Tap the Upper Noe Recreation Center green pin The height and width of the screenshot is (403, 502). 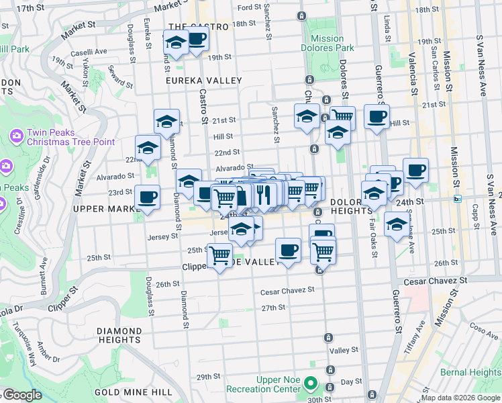(309, 384)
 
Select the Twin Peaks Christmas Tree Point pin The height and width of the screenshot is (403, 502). (17, 136)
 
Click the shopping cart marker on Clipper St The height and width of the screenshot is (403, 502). (220, 257)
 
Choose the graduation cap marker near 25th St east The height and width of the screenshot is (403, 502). (397, 224)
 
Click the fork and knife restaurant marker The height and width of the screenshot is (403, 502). (264, 194)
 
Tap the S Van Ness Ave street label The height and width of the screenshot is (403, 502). (481, 64)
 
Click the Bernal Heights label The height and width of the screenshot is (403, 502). (470, 372)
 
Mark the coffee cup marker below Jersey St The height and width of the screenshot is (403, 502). (289, 250)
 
